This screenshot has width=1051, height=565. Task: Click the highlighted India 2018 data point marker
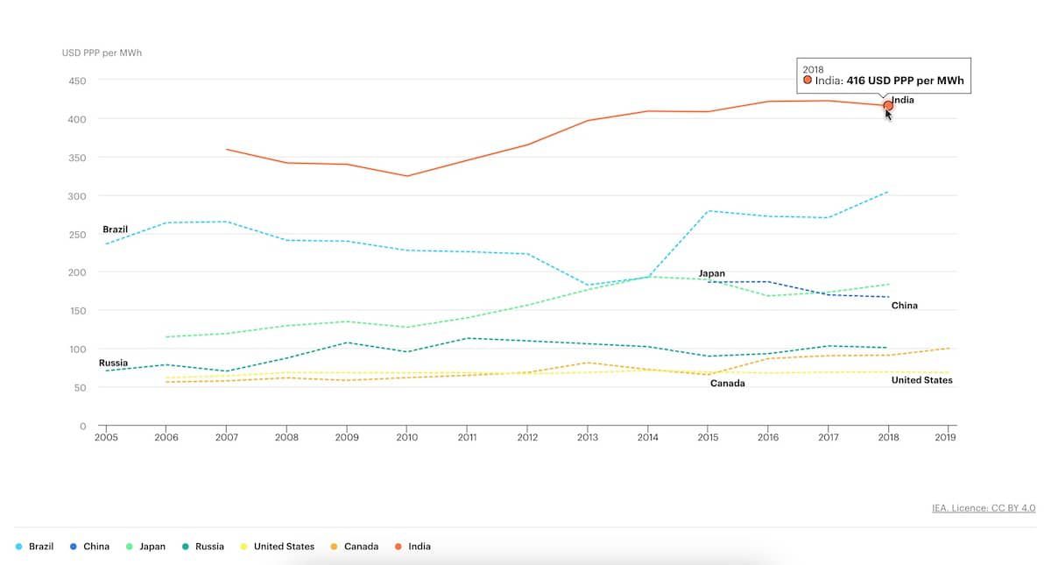[888, 105]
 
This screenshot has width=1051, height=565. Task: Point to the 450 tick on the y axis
[77, 81]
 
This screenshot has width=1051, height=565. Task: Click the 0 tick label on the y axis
[83, 427]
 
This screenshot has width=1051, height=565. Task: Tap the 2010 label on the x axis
[406, 437]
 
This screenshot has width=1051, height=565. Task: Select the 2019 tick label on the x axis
[946, 437]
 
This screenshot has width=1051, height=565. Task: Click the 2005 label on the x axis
[106, 437]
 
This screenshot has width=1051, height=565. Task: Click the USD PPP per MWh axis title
[102, 53]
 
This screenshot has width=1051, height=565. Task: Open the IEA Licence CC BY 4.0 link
[984, 508]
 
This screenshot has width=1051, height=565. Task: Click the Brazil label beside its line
[115, 230]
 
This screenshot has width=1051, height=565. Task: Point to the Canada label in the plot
[727, 384]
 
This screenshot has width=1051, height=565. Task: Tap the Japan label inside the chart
[711, 273]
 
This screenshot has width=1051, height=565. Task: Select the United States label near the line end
[921, 380]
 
